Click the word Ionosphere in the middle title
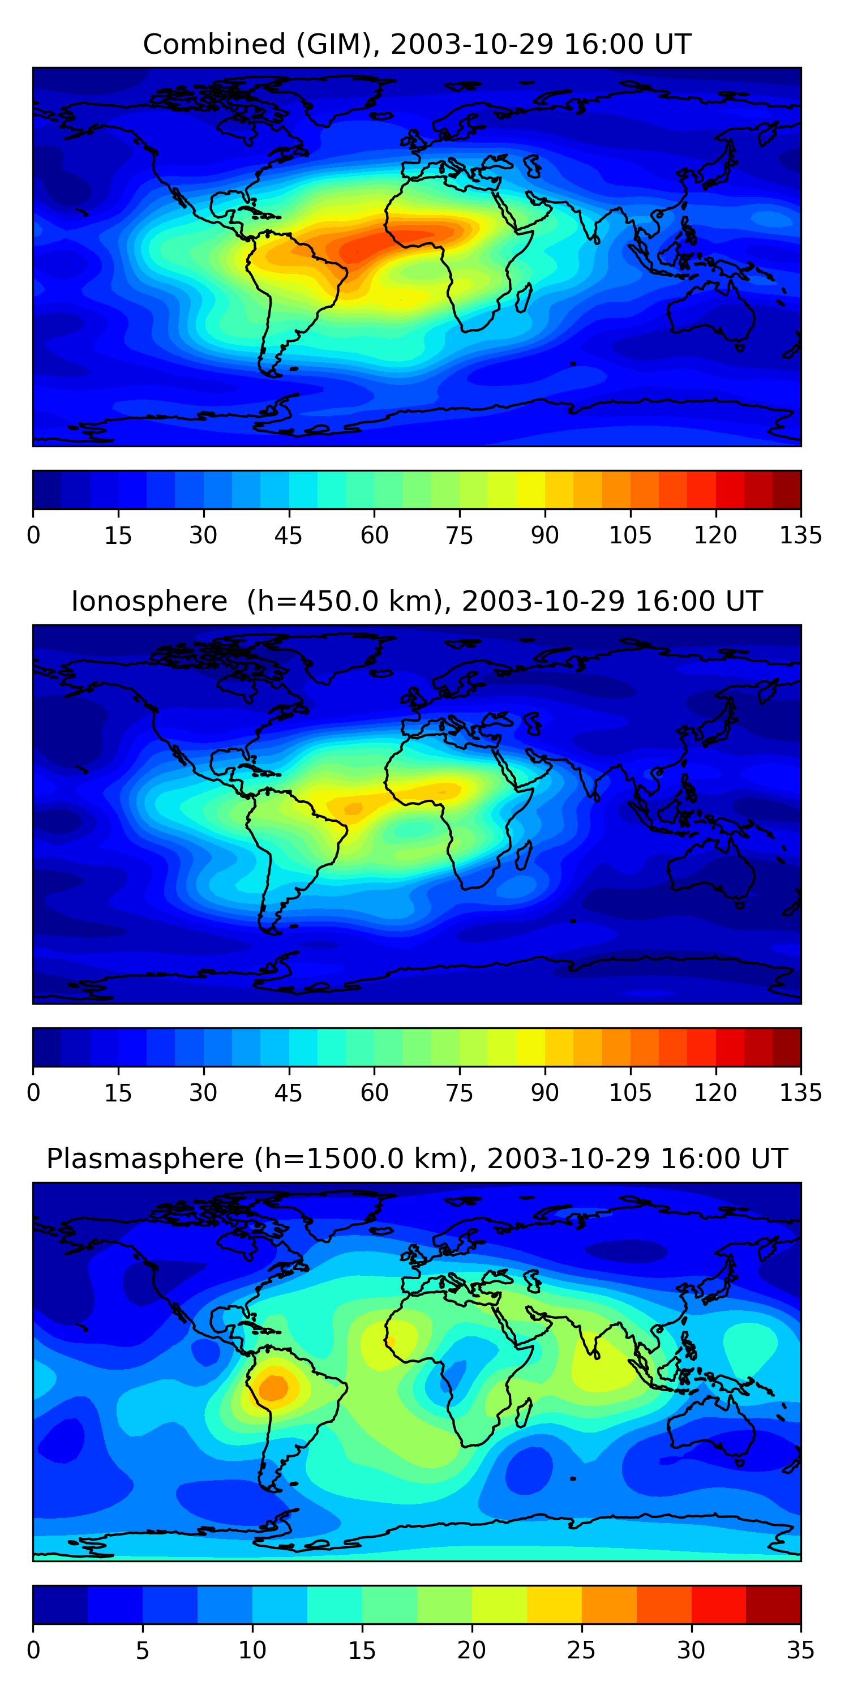tap(149, 602)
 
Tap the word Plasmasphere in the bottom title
tap(145, 1159)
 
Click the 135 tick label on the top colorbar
tap(800, 535)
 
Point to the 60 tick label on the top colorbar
tap(374, 535)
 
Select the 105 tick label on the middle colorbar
tap(630, 1093)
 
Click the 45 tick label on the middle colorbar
tap(289, 1093)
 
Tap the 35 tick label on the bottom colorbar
tap(800, 1650)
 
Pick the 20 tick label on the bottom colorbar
tap(471, 1650)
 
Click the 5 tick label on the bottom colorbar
tap(143, 1650)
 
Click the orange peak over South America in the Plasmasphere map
tap(273, 1387)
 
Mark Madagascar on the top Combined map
tap(524, 298)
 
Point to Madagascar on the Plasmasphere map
tap(524, 1413)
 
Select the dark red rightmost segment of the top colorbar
tap(786, 490)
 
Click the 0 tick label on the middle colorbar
tap(33, 1093)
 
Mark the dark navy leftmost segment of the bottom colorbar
tap(60, 1605)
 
